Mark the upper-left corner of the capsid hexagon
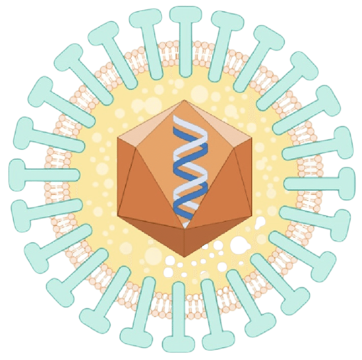tap(118, 137)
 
